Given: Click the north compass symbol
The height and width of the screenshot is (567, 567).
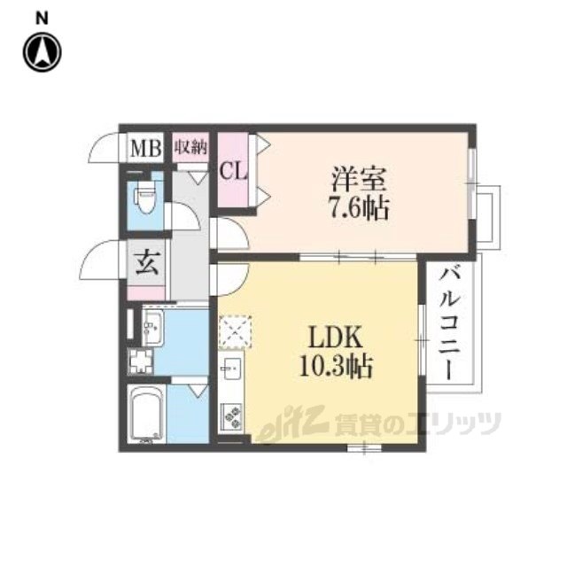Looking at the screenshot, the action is point(43,52).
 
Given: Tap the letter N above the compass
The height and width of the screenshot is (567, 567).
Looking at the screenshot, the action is point(42,18).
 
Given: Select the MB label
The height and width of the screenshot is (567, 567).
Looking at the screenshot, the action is point(145,148).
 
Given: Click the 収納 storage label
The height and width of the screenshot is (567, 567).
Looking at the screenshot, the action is point(190,147).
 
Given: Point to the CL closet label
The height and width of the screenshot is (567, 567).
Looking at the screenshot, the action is point(234,171).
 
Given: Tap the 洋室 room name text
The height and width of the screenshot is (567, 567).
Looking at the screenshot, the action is point(358,179).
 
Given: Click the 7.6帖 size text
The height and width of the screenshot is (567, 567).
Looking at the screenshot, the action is point(359,208).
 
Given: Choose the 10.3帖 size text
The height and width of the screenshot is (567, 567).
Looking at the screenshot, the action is point(336,366).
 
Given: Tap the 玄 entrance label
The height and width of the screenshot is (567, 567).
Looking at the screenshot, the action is point(148,262).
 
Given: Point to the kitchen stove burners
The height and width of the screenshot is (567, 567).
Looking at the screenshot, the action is point(231,416).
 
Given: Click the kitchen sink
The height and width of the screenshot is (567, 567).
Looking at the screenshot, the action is point(231,369).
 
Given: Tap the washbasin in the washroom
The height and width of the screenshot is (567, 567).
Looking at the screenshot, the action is point(153,327).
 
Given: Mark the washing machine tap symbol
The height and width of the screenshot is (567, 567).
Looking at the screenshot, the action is point(141,361).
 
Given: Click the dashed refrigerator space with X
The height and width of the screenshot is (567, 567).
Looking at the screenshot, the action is point(235,331).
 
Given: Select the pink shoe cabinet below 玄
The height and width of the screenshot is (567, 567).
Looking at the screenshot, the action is point(147,293).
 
